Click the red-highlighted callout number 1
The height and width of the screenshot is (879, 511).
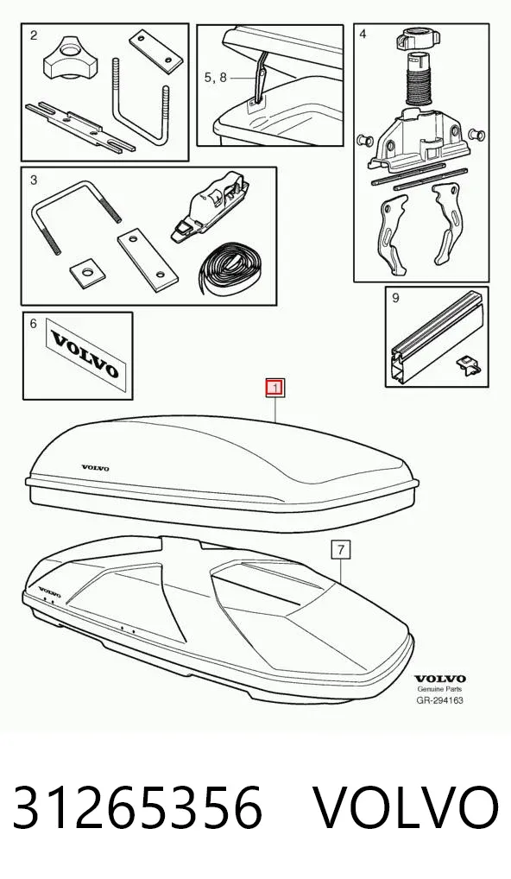[275, 388]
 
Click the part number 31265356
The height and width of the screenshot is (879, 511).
[138, 808]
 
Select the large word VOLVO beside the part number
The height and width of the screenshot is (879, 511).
[405, 808]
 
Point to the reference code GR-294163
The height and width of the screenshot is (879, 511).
[439, 700]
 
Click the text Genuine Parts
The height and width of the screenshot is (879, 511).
[439, 689]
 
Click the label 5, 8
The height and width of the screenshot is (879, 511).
[216, 78]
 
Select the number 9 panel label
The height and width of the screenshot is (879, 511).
[395, 298]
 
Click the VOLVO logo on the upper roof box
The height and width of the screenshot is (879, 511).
[96, 468]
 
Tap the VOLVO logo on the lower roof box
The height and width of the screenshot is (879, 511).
[49, 591]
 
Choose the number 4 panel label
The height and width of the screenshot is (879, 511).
[363, 35]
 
